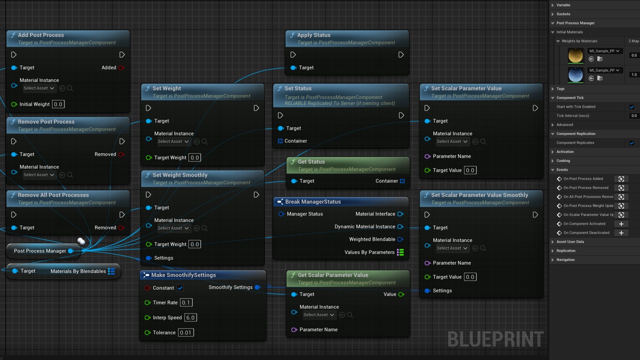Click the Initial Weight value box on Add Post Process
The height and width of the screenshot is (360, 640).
[58, 104]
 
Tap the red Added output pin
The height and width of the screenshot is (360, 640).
[121, 67]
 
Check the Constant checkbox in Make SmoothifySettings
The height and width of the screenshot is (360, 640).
[180, 287]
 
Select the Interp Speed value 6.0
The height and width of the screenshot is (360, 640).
[190, 317]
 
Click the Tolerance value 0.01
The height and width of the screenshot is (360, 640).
[185, 332]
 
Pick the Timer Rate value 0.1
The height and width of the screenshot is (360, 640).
[186, 302]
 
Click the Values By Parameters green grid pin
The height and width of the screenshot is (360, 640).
[400, 252]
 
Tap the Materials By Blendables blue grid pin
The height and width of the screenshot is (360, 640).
[111, 271]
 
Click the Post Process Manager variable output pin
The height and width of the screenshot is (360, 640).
[71, 251]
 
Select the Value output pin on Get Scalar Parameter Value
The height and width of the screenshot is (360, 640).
[401, 294]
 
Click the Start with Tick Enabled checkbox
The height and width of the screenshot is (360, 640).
[631, 107]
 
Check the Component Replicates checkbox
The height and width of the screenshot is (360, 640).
[631, 143]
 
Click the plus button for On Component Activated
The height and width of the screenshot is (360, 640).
[621, 224]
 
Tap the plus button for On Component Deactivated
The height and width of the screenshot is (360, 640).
[621, 233]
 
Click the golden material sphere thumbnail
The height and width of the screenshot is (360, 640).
[575, 55]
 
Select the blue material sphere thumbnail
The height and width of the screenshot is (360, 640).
[575, 75]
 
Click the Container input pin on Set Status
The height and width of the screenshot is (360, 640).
[280, 141]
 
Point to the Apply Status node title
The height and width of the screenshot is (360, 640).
[313, 35]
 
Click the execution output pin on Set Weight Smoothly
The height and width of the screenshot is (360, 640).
[256, 195]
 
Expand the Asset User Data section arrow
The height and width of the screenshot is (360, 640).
[552, 242]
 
